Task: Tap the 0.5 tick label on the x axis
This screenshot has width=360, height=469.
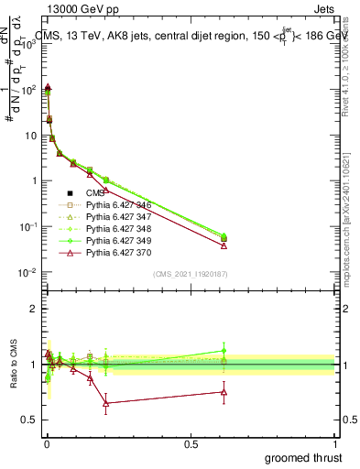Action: click(x=191, y=444)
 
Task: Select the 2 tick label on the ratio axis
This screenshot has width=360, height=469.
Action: click(x=32, y=309)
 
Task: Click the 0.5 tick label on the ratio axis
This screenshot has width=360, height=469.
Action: click(x=28, y=420)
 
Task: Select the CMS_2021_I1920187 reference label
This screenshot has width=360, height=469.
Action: click(x=190, y=274)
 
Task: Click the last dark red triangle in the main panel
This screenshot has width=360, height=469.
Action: click(x=224, y=245)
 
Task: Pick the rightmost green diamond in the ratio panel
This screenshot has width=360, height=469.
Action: click(x=224, y=350)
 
